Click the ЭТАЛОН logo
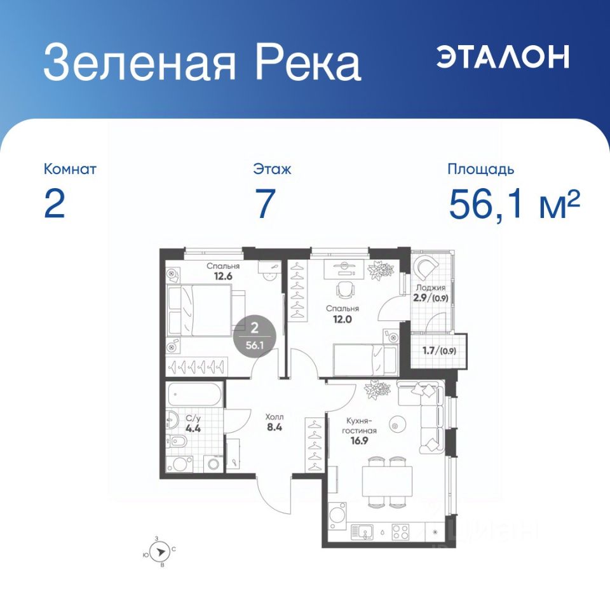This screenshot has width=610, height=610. (x=503, y=57)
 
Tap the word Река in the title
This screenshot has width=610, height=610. (x=308, y=62)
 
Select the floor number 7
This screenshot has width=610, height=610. (x=265, y=203)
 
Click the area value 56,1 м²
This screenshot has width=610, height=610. (x=514, y=204)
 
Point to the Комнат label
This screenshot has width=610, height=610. (x=70, y=169)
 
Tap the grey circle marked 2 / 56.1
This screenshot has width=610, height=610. (x=255, y=335)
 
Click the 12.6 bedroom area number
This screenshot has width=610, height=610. (x=223, y=276)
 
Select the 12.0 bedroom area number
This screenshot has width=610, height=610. (x=342, y=319)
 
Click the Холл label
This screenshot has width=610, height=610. (x=274, y=417)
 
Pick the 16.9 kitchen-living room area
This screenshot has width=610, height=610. (x=358, y=441)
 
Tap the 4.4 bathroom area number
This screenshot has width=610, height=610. (x=193, y=429)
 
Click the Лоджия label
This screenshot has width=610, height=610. (x=431, y=288)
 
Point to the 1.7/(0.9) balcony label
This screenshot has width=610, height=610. (x=439, y=351)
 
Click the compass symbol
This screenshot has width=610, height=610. (x=160, y=552)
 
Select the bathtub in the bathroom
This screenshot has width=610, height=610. (x=194, y=395)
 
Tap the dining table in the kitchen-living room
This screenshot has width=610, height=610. (x=387, y=481)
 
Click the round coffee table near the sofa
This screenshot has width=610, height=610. (x=396, y=426)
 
